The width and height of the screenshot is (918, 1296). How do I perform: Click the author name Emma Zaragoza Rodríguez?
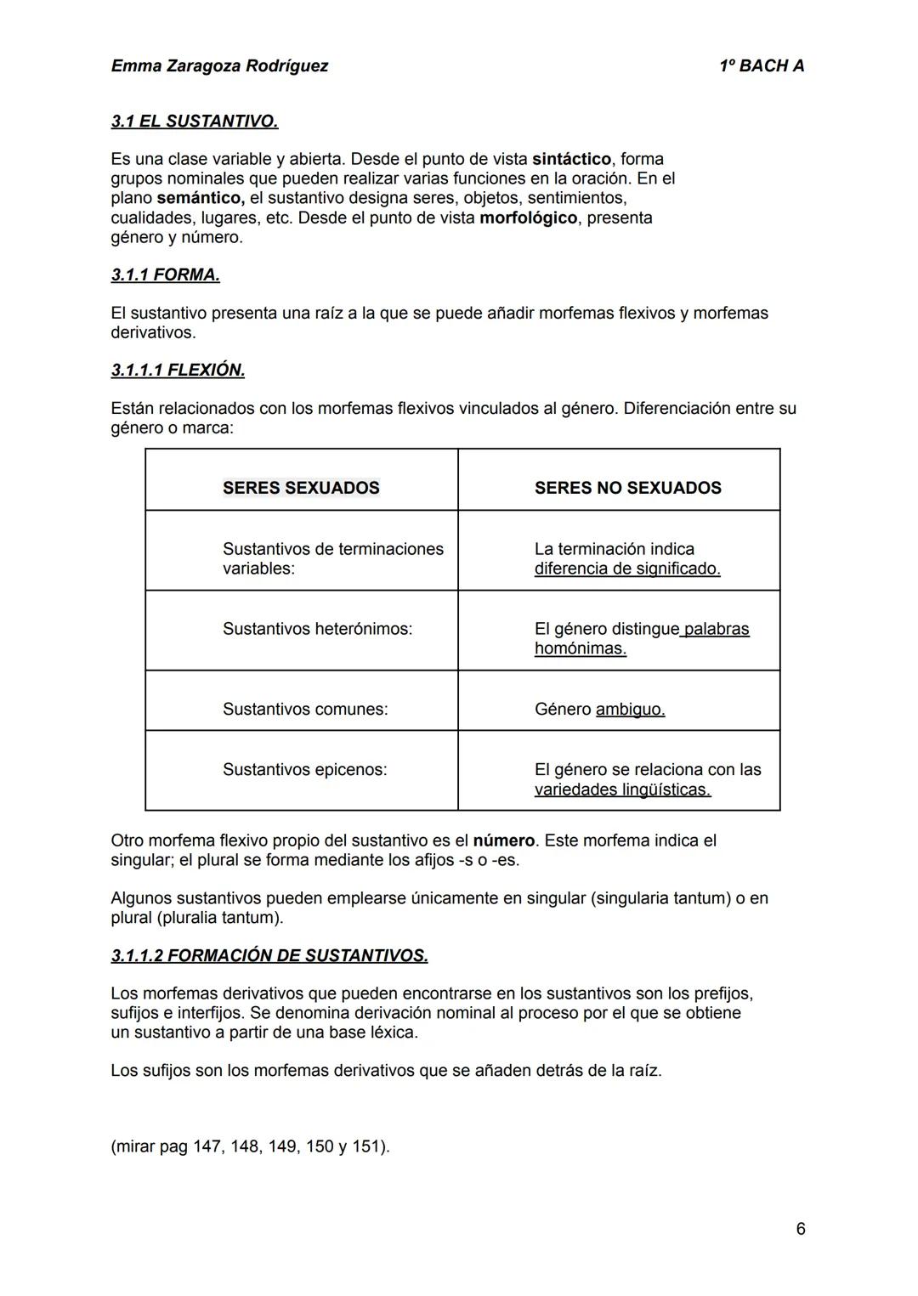[219, 66]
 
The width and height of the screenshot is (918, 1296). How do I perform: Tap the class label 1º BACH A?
[761, 66]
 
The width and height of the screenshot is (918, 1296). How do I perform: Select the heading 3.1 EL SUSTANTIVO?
[195, 122]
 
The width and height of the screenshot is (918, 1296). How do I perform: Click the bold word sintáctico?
[571, 159]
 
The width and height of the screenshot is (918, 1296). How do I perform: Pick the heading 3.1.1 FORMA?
[165, 275]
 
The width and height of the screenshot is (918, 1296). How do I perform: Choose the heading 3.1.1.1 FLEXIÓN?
[178, 371]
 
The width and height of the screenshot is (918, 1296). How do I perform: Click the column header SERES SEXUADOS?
[301, 488]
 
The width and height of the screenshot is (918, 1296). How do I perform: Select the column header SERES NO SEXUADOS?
[627, 488]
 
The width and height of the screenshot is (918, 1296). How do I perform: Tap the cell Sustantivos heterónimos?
[317, 629]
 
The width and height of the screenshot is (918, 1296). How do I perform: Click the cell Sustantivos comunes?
[305, 709]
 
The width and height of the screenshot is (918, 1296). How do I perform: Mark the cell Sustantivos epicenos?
[304, 769]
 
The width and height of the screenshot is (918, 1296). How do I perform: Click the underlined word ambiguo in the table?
[630, 709]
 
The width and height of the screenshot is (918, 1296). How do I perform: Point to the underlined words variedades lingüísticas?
[622, 789]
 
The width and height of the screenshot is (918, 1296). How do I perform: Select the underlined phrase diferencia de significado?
[626, 569]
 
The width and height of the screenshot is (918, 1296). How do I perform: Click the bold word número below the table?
[503, 840]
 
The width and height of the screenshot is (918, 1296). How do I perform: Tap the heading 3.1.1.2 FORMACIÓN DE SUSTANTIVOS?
[269, 956]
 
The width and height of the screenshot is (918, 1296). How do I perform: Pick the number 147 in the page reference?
[206, 1146]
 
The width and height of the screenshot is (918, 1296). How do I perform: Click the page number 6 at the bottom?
[801, 1229]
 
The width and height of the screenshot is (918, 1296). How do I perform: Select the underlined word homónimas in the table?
[580, 648]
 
